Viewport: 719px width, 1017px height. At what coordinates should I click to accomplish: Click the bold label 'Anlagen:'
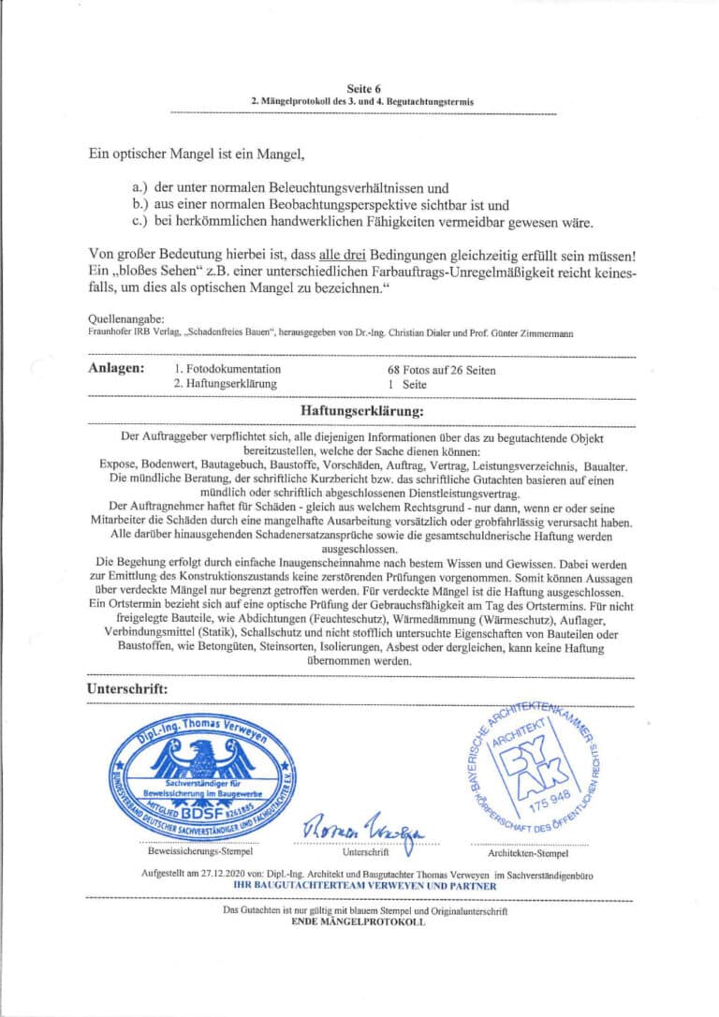point(116,369)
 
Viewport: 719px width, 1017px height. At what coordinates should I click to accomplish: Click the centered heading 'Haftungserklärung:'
point(361,410)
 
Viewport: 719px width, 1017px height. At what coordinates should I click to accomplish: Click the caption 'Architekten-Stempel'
point(529,853)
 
